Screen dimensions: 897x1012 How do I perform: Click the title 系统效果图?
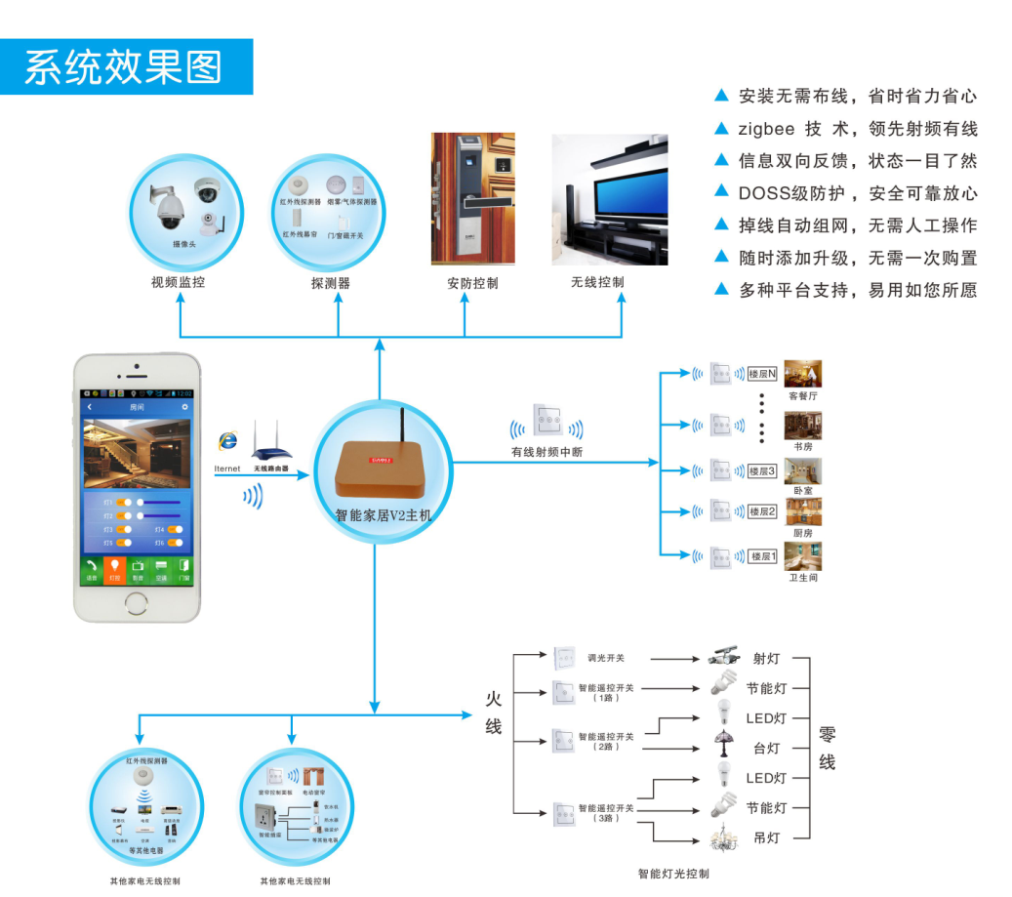(x=124, y=67)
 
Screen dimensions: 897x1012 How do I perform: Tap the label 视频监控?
(x=178, y=283)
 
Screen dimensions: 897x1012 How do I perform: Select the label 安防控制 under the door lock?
(x=472, y=283)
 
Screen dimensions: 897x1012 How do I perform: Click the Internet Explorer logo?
(x=228, y=440)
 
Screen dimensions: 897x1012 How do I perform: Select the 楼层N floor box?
(x=762, y=374)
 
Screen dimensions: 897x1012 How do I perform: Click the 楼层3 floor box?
(x=762, y=471)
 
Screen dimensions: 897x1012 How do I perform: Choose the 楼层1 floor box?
(x=762, y=556)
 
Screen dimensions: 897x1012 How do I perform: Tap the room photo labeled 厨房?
(x=802, y=512)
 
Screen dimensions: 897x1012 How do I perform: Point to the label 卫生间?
(x=803, y=578)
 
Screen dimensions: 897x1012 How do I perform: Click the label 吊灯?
(x=766, y=837)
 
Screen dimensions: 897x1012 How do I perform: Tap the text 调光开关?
(x=605, y=657)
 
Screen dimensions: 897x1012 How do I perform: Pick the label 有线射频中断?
(x=546, y=451)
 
